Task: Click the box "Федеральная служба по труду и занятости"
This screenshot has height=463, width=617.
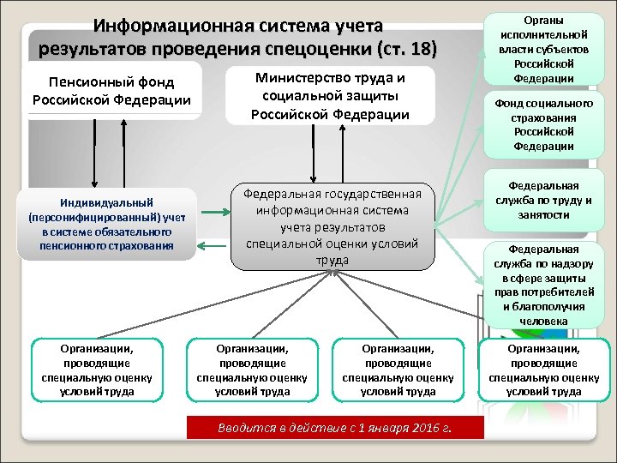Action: click(x=543, y=200)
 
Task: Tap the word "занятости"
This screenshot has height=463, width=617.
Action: click(x=543, y=215)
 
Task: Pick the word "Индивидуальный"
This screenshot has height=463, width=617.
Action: click(x=106, y=203)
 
